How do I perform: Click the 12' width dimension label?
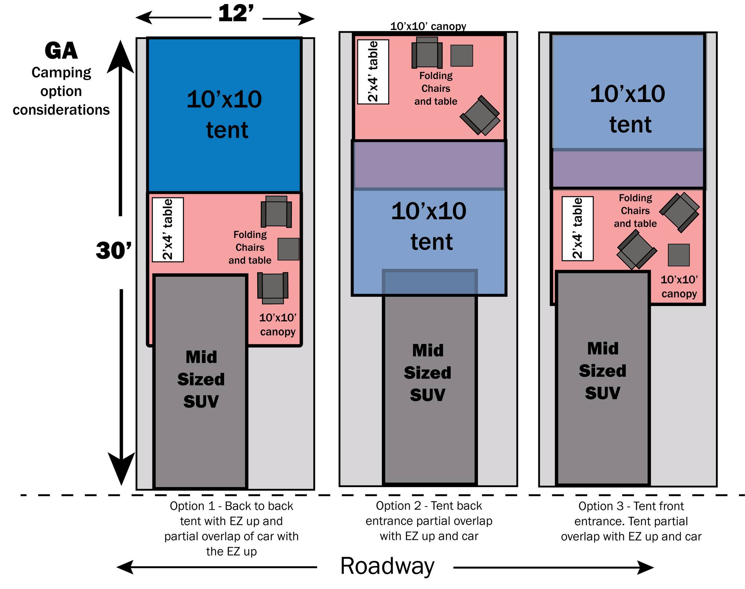[x=236, y=14]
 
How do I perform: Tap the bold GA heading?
[x=61, y=51]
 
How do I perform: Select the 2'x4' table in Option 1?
[x=168, y=230]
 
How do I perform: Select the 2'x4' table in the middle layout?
[x=373, y=72]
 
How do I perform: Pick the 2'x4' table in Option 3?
[x=578, y=229]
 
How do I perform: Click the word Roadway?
[x=387, y=566]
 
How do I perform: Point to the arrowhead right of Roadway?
[x=645, y=567]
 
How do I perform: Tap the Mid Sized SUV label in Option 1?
[x=201, y=379]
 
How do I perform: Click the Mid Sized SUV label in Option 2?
[x=427, y=373]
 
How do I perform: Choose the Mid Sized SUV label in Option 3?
[x=602, y=371]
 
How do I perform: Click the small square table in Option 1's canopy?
[x=288, y=249]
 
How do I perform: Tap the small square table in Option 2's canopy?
[x=462, y=56]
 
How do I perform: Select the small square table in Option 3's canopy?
[x=679, y=255]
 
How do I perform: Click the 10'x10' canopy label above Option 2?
[x=428, y=26]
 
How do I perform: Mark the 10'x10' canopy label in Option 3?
[x=679, y=286]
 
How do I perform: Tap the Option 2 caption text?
[x=429, y=521]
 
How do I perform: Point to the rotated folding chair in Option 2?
[x=480, y=115]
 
